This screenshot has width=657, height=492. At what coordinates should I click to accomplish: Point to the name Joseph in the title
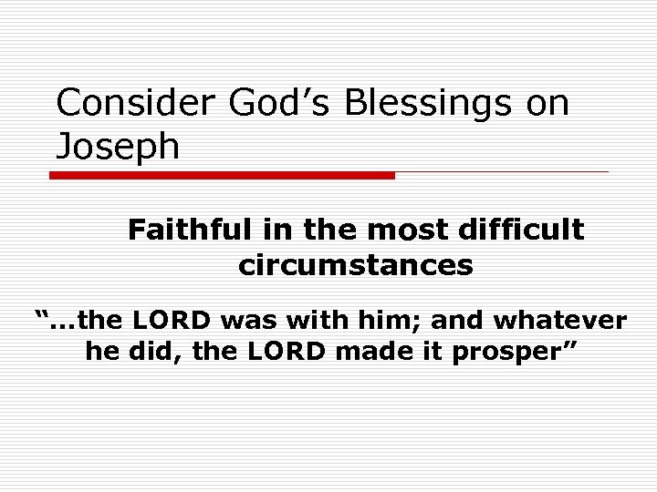click(118, 147)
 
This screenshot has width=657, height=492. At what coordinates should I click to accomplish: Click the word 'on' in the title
click(547, 104)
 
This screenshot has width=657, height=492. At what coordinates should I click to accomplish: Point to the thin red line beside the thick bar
click(501, 171)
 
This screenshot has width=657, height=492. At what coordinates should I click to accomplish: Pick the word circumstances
click(355, 265)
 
